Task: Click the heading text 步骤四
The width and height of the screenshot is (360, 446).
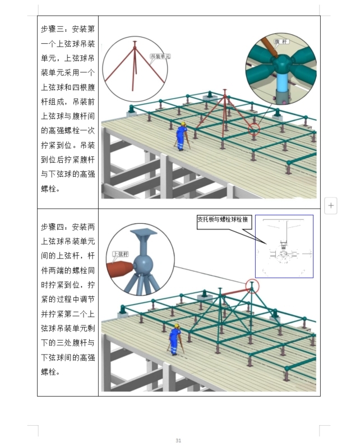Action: tap(54, 227)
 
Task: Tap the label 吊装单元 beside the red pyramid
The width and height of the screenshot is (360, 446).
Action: tap(160, 57)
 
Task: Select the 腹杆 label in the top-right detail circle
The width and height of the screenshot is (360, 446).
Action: tap(280, 42)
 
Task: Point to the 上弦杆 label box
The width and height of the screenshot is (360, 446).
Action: tap(121, 254)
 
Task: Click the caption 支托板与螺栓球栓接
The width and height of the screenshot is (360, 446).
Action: tap(223, 219)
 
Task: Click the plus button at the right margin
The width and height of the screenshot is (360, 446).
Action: tap(331, 205)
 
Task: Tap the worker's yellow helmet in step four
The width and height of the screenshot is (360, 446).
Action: tap(176, 325)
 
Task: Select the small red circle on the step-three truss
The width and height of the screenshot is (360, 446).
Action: tap(255, 128)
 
